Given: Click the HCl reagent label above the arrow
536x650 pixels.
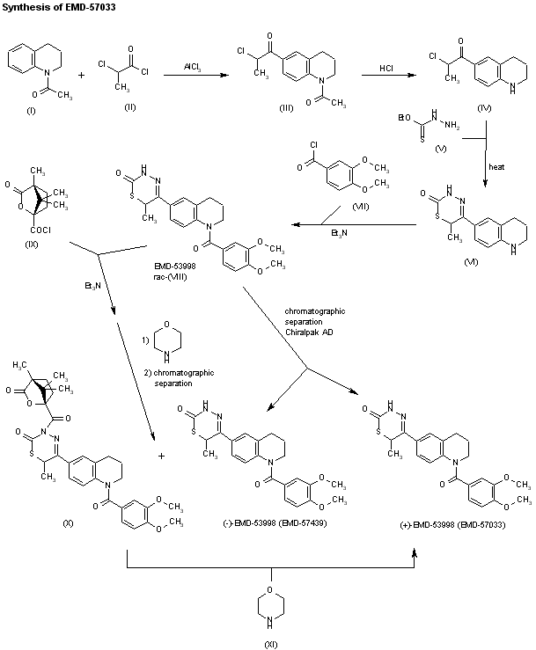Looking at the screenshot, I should point(386,66).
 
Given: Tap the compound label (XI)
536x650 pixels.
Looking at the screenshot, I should point(269,641).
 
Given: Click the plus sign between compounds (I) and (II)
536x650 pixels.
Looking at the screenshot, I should point(81,76).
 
